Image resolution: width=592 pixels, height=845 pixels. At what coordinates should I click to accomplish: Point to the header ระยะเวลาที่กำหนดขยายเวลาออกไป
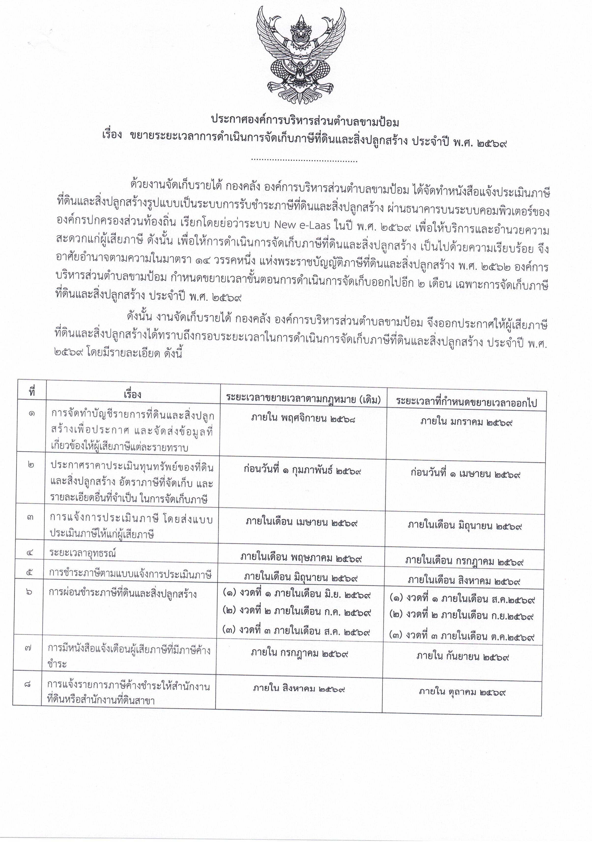point(466,402)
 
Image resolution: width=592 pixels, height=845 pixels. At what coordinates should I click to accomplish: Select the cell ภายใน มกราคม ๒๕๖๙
point(466,422)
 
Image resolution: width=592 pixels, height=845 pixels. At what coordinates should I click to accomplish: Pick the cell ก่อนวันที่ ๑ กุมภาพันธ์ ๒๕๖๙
point(302,470)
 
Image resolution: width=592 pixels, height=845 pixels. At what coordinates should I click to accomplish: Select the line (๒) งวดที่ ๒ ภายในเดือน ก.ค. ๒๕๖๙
point(297,612)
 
